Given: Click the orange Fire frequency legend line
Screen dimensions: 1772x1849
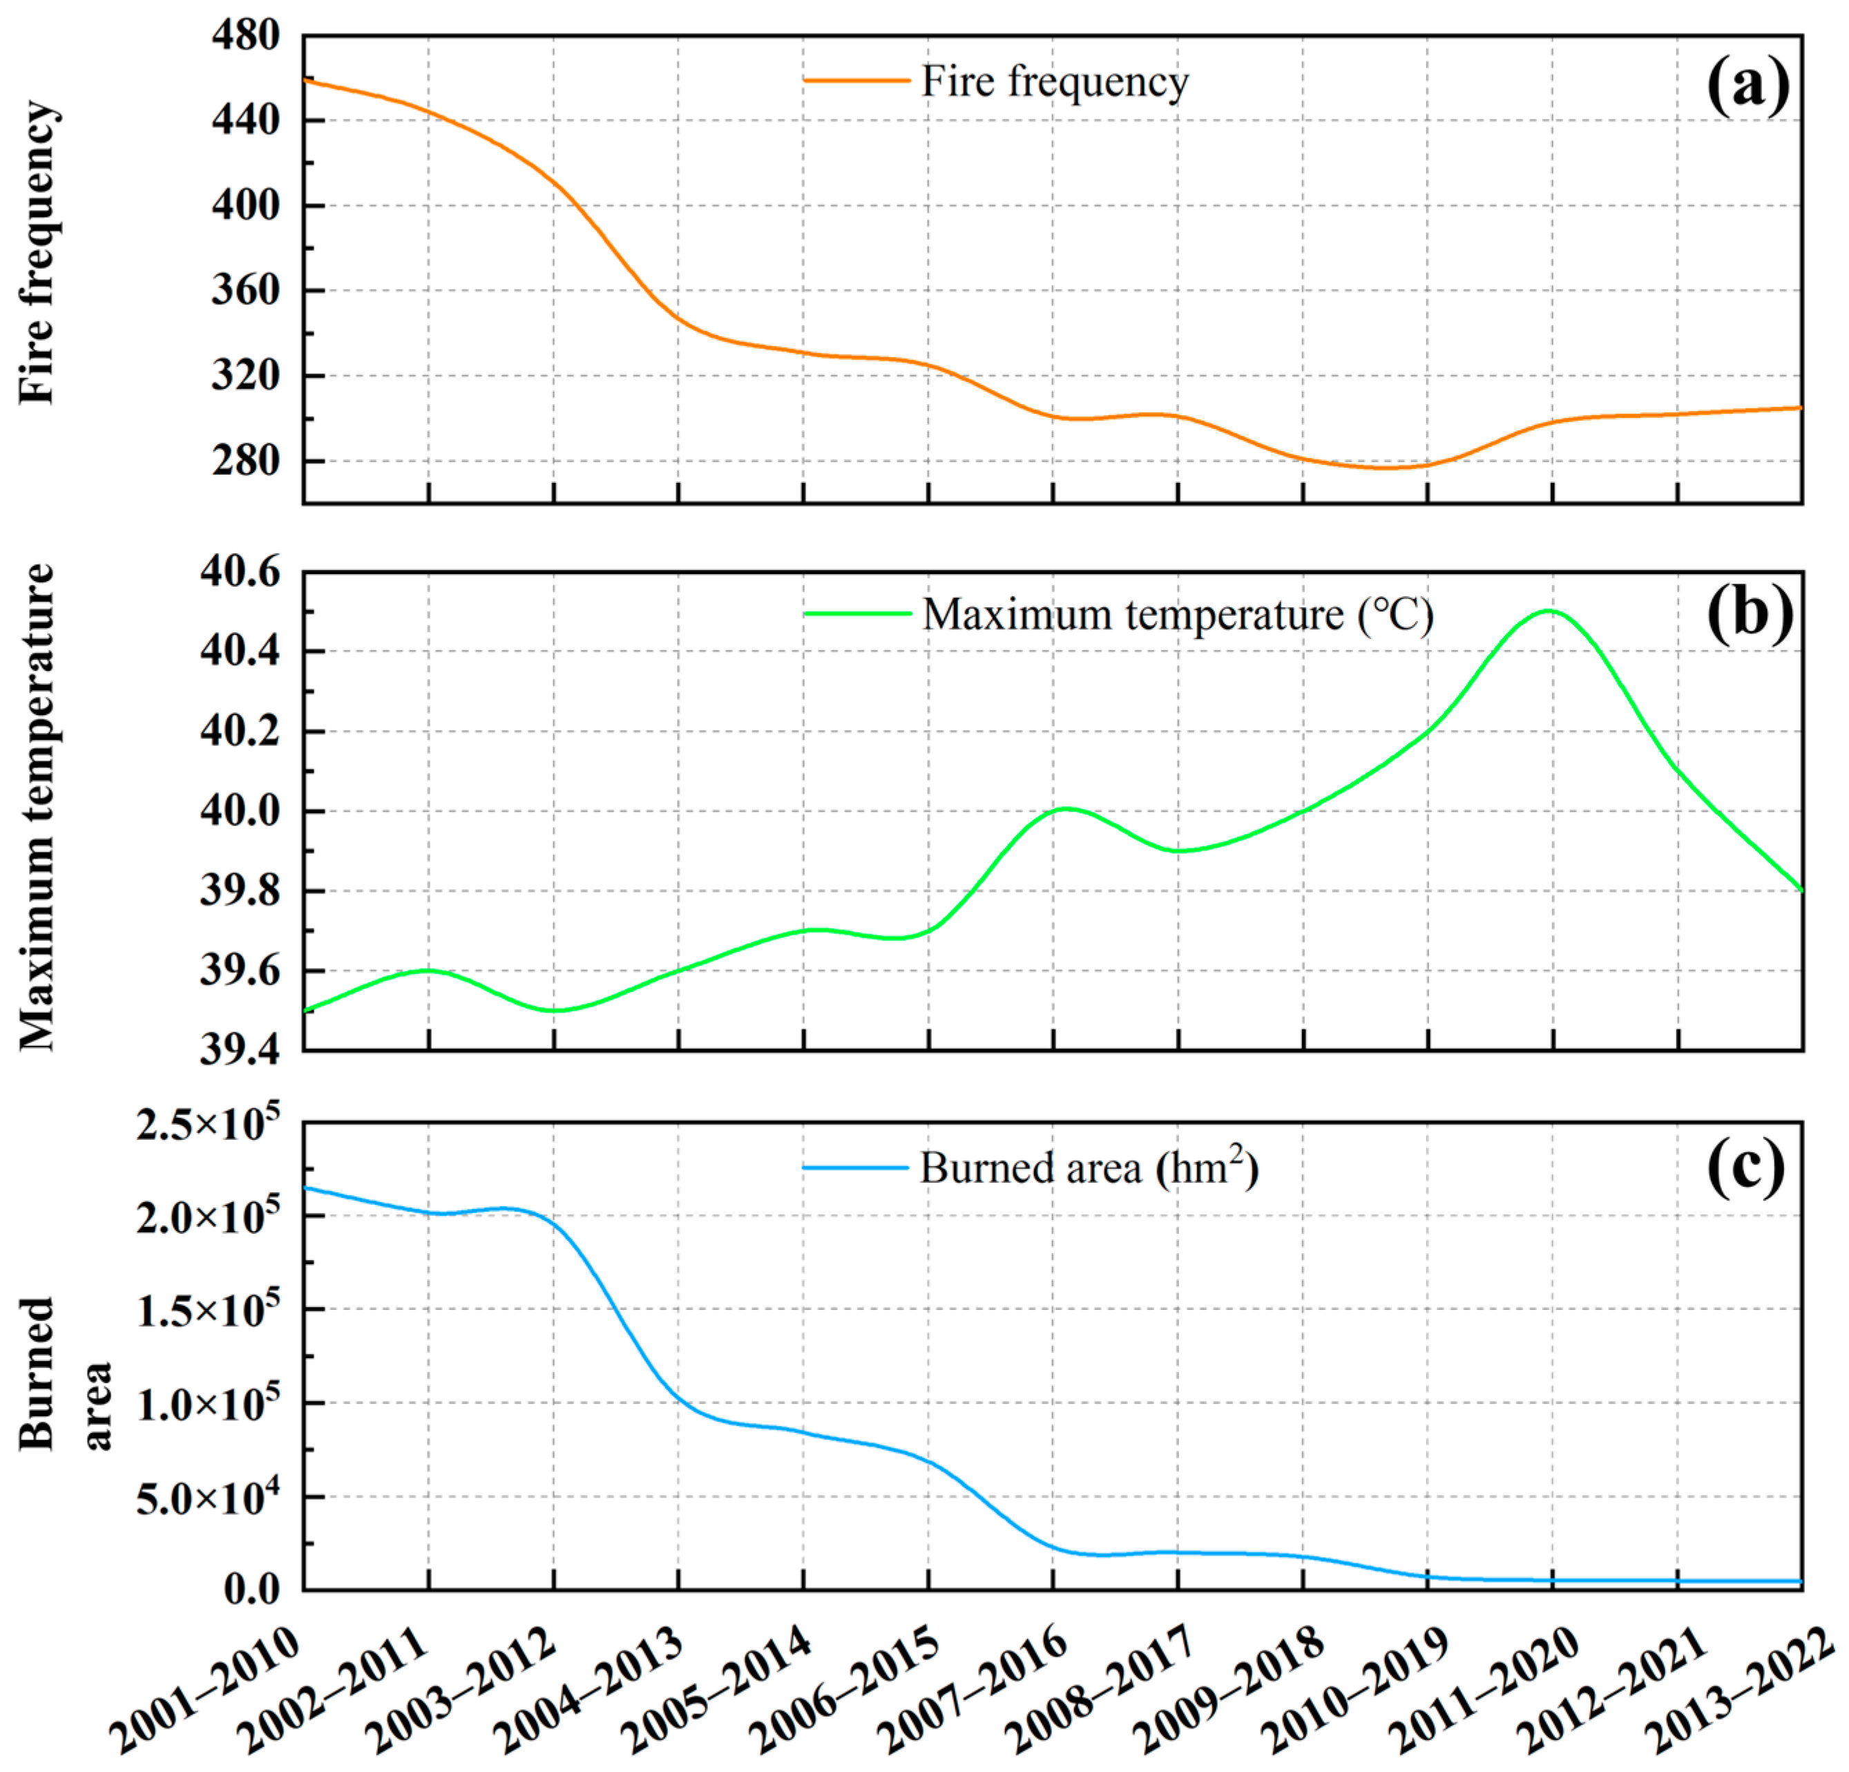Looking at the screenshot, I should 856,81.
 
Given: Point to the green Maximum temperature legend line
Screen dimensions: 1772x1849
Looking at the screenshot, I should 856,614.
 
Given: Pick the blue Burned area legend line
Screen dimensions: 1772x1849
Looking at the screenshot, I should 856,1168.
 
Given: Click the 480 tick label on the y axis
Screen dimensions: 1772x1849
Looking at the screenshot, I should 245,36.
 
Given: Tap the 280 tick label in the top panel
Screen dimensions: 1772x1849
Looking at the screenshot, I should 245,461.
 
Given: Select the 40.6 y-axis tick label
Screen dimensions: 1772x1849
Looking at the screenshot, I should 240,572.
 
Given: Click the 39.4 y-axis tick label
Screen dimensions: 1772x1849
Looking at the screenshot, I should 240,1049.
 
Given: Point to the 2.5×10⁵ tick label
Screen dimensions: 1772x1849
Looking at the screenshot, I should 207,1123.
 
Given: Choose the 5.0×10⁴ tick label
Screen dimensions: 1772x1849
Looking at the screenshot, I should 207,1496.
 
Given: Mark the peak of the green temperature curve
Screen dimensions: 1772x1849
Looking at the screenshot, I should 1549,611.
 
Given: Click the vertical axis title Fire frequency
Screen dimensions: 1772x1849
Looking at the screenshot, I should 38,253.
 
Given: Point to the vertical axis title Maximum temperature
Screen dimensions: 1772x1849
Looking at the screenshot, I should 38,808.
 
